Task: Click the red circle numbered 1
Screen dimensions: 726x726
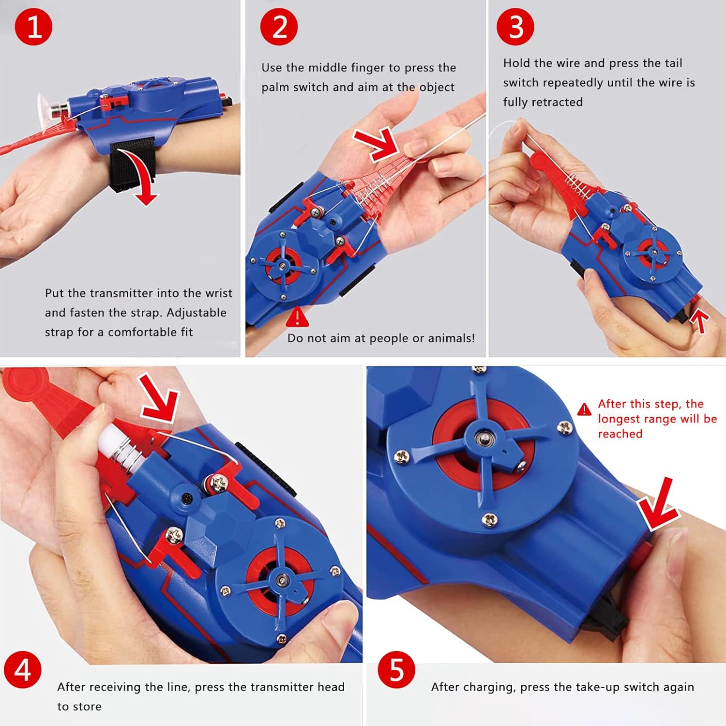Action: pos(33,27)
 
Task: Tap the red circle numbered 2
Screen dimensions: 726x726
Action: pos(279,27)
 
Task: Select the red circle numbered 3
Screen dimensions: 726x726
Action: pos(515,27)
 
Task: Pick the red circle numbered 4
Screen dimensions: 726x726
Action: pos(23,670)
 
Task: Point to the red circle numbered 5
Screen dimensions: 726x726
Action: pos(396,670)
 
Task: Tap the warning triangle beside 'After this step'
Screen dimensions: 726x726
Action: pos(584,409)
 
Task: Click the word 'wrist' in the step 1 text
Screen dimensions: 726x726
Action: pos(219,293)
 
